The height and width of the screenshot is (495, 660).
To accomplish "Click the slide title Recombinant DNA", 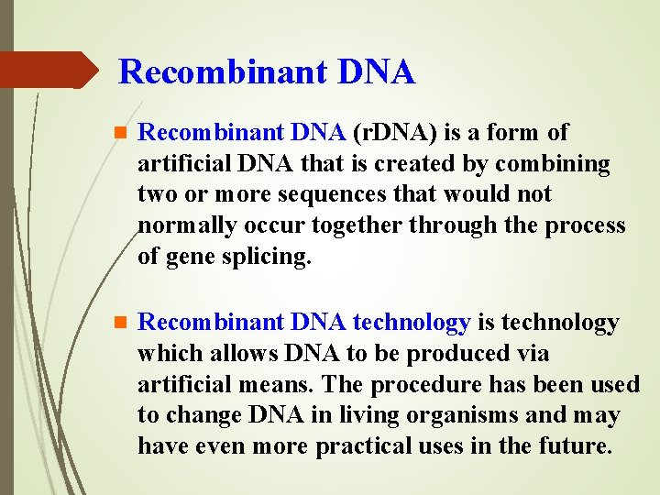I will tap(267, 71).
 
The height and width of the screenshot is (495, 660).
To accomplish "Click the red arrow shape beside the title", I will tap(48, 70).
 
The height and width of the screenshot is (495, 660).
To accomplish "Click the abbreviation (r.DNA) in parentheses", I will tap(395, 133).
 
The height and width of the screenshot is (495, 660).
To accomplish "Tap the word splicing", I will tap(266, 258).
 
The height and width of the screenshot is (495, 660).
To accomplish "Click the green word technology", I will tap(412, 323).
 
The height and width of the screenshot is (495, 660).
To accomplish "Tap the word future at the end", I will tap(577, 446).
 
